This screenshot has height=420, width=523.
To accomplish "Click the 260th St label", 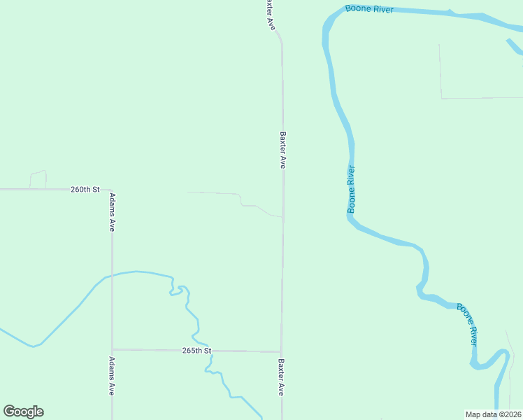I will pyautogui.click(x=85, y=190).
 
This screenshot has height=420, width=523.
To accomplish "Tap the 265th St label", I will pyautogui.click(x=196, y=350).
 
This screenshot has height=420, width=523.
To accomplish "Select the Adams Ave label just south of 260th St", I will pyautogui.click(x=112, y=213).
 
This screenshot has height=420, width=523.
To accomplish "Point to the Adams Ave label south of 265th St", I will pyautogui.click(x=112, y=377).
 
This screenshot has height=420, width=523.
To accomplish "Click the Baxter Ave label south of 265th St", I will pyautogui.click(x=281, y=378).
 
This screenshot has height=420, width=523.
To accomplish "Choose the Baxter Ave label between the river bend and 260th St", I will pyautogui.click(x=283, y=150).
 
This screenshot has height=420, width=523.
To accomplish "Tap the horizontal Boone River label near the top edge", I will pyautogui.click(x=369, y=9).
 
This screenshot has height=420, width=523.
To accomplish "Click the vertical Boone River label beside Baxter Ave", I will pyautogui.click(x=352, y=189).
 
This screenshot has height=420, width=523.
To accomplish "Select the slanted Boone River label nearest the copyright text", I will pyautogui.click(x=468, y=324).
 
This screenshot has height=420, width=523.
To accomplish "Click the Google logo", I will pyautogui.click(x=23, y=412).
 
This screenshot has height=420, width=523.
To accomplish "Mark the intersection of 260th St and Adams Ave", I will pyautogui.click(x=112, y=190).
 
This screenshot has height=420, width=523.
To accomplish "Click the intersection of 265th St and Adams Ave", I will pyautogui.click(x=112, y=349).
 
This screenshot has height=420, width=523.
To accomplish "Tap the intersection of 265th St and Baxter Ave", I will pyautogui.click(x=281, y=351).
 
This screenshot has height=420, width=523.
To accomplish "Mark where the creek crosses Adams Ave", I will pyautogui.click(x=112, y=274).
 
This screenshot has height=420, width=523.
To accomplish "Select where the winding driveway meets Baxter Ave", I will pyautogui.click(x=282, y=217).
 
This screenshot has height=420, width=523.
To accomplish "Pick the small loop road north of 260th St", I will pyautogui.click(x=38, y=173).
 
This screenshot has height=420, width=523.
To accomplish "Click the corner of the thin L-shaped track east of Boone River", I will pyautogui.click(x=441, y=98).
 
